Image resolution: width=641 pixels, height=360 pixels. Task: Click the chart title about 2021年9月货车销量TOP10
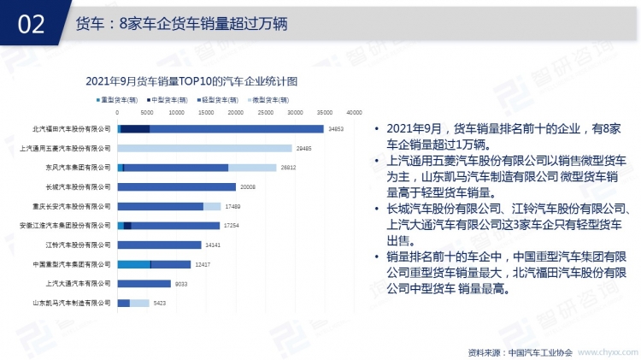coord(191,81)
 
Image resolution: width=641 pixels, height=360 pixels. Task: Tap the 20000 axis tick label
coord(235,113)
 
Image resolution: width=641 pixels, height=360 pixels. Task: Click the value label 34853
coord(336,129)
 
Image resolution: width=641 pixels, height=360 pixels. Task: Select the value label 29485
coord(304,148)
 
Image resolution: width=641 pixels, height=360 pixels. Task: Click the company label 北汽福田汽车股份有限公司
coord(72,129)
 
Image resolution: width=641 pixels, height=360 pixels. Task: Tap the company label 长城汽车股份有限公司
coord(78,186)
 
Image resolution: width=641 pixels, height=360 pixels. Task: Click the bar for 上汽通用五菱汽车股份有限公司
coord(204,148)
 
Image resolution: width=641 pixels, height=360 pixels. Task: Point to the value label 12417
coord(203,264)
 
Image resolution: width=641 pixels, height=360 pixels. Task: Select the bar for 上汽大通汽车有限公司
coord(144,283)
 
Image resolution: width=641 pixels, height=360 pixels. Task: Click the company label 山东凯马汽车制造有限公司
coord(72,303)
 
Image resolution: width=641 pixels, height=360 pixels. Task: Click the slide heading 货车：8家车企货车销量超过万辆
coord(180,24)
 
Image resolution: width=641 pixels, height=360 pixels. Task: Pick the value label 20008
coord(248,186)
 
